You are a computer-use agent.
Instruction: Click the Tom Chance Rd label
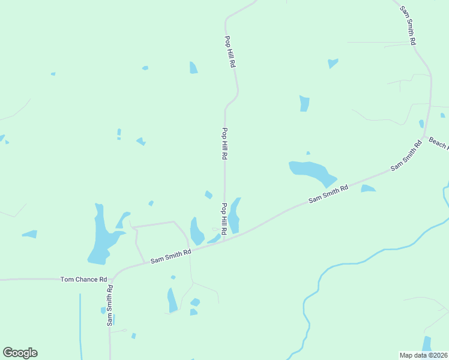point(83,280)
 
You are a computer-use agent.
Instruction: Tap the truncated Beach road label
point(438,143)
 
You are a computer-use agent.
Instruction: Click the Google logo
point(20,353)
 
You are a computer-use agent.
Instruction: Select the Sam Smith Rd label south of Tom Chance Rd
point(110,305)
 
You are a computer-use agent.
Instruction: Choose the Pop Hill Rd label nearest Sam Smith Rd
point(224,219)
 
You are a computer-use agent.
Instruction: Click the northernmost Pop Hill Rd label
point(229,51)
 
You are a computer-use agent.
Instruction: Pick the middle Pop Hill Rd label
point(225,143)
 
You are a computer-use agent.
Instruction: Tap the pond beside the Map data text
point(427,344)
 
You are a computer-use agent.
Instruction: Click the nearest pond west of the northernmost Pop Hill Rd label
point(193,68)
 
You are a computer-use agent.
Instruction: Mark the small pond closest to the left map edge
point(2,139)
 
